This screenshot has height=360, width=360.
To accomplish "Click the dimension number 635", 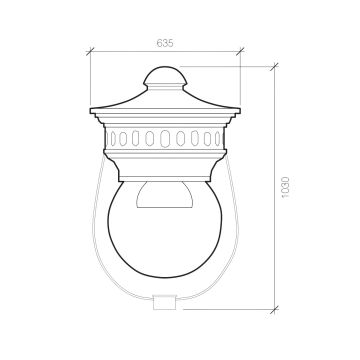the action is click(x=165, y=43).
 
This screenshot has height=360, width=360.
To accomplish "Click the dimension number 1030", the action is click(x=286, y=188).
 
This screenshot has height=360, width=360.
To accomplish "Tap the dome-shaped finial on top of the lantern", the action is click(x=165, y=76).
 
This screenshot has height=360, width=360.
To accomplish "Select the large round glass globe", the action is click(x=165, y=229).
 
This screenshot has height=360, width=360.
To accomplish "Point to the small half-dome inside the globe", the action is click(x=165, y=195).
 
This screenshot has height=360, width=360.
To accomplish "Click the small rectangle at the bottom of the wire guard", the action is click(x=164, y=302).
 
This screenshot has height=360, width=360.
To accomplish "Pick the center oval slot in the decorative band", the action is click(x=165, y=138).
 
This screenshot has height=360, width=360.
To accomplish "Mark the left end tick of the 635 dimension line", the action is click(x=90, y=51).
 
